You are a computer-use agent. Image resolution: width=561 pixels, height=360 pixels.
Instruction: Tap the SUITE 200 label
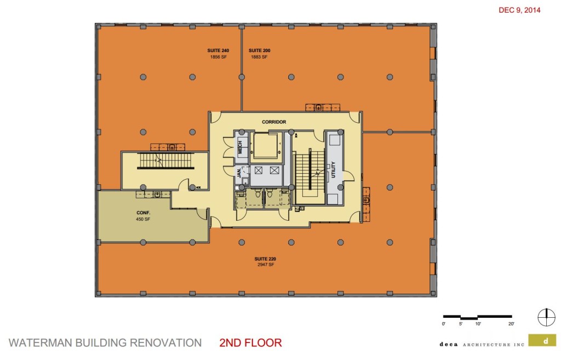point(260,50)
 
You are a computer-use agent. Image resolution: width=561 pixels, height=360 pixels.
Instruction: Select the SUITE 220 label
point(265,259)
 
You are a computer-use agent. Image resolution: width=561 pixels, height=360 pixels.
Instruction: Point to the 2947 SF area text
point(265,265)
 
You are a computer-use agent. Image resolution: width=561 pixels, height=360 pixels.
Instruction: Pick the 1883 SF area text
point(260,56)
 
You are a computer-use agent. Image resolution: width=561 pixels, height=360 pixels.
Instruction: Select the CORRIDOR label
point(273,122)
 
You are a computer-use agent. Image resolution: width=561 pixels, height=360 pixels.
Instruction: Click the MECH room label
point(239,147)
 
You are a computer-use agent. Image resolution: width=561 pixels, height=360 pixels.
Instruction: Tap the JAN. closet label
point(239,174)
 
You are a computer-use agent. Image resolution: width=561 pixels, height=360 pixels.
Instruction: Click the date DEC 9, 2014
point(519,10)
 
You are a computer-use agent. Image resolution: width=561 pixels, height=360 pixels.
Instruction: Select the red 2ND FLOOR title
point(250,344)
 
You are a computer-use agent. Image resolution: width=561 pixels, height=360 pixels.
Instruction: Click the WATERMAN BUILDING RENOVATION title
point(105,344)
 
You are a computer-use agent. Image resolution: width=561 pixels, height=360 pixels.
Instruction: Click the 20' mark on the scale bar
point(511,324)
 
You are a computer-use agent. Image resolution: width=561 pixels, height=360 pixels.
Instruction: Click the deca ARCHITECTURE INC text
point(482,344)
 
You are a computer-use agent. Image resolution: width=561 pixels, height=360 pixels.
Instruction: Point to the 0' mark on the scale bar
point(443,324)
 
